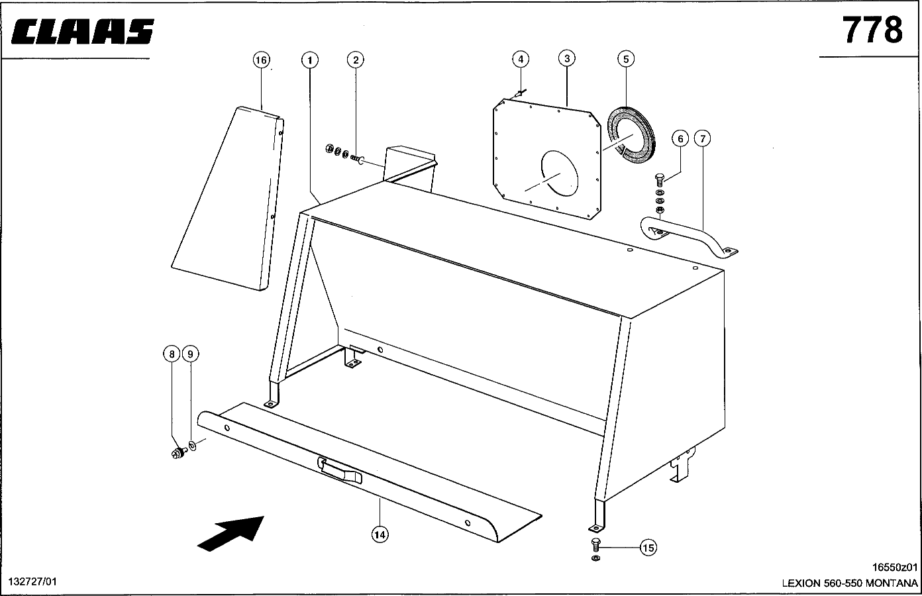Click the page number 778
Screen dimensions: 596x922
coord(872,30)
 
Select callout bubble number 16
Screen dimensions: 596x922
coord(262,60)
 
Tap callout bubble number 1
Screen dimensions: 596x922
coord(309,60)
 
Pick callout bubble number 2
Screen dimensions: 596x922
coord(356,60)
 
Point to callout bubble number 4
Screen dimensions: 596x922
coord(521,59)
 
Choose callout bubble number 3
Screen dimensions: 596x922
coord(566,58)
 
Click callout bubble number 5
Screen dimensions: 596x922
coord(625,59)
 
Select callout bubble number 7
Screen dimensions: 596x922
coord(703,138)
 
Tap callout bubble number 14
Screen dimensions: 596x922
coord(380,534)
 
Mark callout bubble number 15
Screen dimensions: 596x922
coord(648,547)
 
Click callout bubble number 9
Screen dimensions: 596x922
coord(190,354)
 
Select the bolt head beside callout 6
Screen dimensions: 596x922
coord(660,179)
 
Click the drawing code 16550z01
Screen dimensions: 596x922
coord(896,567)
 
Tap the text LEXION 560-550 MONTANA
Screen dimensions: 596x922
coord(850,584)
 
